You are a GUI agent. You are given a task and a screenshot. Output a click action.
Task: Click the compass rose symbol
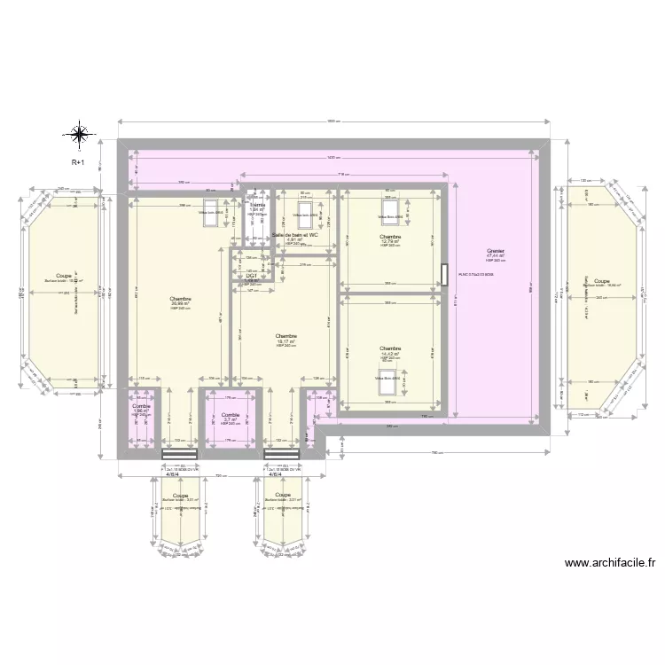point(79,135)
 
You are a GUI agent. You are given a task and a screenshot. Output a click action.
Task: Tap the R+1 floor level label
point(79,163)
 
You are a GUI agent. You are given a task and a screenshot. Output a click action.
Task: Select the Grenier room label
point(494,252)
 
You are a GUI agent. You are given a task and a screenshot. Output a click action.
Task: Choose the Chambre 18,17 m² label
point(286,337)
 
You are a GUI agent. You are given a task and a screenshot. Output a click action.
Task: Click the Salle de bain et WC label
point(294,235)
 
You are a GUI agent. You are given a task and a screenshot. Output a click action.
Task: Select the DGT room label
point(251,276)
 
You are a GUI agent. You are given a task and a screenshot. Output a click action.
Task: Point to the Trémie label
point(257,206)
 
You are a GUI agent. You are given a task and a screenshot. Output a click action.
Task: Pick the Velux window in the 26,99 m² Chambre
point(211,218)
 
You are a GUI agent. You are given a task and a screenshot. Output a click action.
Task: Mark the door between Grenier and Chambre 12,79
point(445,274)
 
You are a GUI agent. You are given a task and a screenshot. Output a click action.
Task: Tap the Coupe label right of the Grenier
point(602,280)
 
